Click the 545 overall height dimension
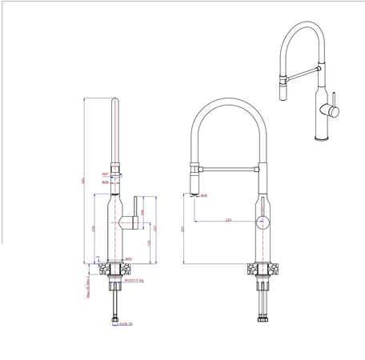(84, 180)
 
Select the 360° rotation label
(105, 174)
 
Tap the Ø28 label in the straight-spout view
(105, 182)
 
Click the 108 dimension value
(142, 212)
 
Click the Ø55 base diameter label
(128, 258)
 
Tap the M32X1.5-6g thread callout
(133, 281)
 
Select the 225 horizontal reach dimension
(229, 218)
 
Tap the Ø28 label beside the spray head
(204, 195)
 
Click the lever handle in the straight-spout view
(129, 219)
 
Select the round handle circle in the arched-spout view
(264, 222)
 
